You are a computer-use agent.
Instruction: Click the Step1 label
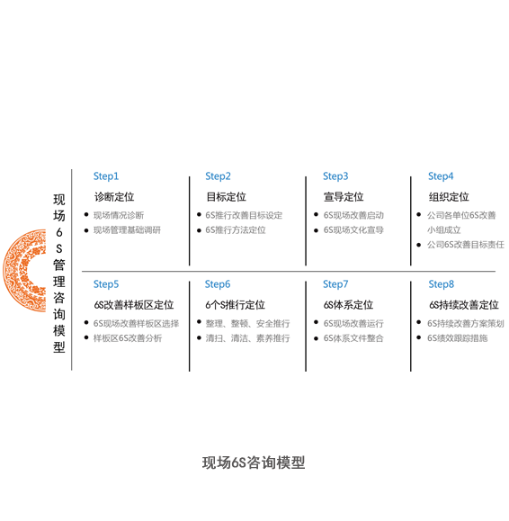pyautogui.click(x=106, y=176)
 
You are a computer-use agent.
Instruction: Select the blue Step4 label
pyautogui.click(x=441, y=176)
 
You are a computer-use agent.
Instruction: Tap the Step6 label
pyautogui.click(x=218, y=284)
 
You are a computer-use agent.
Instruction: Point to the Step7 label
pyautogui.click(x=335, y=284)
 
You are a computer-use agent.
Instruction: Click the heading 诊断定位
pyautogui.click(x=114, y=197)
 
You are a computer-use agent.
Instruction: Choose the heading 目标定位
pyautogui.click(x=226, y=197)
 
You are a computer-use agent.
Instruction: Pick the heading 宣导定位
pyautogui.click(x=344, y=197)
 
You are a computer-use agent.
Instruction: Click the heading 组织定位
pyautogui.click(x=449, y=197)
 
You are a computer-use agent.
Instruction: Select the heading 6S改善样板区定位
pyautogui.click(x=134, y=305)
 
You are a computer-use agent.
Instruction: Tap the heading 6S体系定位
pyautogui.click(x=348, y=305)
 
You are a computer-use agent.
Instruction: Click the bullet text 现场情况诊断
pyautogui.click(x=119, y=215)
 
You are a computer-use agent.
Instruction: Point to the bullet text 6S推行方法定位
pyautogui.click(x=236, y=230)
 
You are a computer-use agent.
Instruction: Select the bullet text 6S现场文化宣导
pyautogui.click(x=353, y=230)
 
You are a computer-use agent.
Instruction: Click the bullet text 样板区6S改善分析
pyautogui.click(x=128, y=338)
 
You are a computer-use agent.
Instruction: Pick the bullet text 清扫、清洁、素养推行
pyautogui.click(x=247, y=338)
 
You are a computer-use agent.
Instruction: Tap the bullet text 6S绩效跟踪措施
pyautogui.click(x=457, y=338)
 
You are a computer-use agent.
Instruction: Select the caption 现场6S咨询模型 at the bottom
pyautogui.click(x=254, y=463)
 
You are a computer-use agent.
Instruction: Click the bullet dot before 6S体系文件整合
pyautogui.click(x=316, y=338)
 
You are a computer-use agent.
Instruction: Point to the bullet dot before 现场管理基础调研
pyautogui.click(x=86, y=230)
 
